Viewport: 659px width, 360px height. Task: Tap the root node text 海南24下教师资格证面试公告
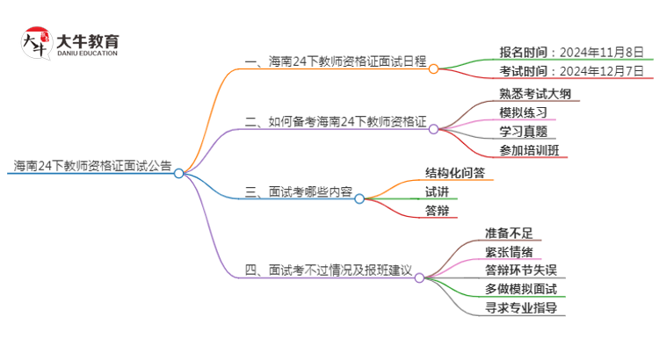pyautogui.click(x=91, y=165)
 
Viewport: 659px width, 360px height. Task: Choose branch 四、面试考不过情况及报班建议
pyautogui.click(x=329, y=270)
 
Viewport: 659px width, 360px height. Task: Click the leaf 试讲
pyautogui.click(x=437, y=191)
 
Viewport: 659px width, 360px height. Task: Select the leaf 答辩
pyautogui.click(x=437, y=210)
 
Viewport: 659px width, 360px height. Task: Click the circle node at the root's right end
pyautogui.click(x=178, y=173)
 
